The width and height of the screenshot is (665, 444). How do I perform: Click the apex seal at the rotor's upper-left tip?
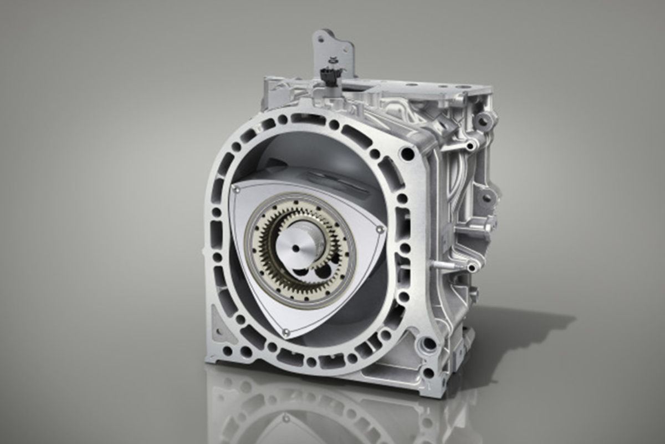tap(237, 190)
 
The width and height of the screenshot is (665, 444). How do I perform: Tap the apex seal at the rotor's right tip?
tap(380, 229)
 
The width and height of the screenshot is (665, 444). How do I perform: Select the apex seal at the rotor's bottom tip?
tap(286, 332)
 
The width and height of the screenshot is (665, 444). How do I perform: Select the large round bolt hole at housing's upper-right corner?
tap(407, 154)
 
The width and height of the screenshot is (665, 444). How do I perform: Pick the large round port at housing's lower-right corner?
tap(428, 344)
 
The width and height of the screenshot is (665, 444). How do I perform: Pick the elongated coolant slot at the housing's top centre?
tap(308, 118)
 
